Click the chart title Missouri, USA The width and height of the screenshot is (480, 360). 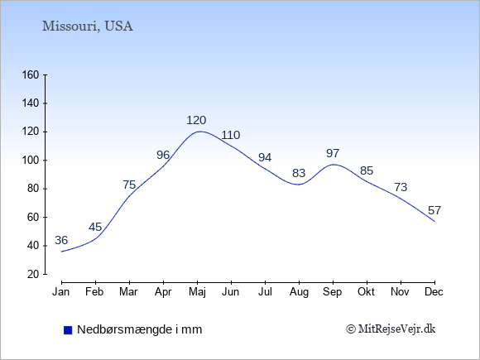tap(88, 26)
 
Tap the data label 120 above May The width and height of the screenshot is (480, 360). tap(196, 120)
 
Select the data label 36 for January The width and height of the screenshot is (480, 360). tap(61, 240)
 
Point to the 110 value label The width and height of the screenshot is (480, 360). tap(231, 135)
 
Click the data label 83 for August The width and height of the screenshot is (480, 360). tap(299, 173)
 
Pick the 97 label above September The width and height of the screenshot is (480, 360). tap(333, 153)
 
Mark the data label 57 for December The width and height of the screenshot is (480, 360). tap(434, 210)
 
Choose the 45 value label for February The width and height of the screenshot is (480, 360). tap(95, 227)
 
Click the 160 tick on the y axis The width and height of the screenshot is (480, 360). tap(31, 75)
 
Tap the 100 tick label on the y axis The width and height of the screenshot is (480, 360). tap(31, 161)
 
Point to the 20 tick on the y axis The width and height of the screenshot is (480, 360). tap(33, 274)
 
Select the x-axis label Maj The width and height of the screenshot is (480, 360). tap(198, 292)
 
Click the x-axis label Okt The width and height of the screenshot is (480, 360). tap(366, 292)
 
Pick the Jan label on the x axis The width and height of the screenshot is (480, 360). tap(61, 292)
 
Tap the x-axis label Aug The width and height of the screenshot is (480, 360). tap(299, 292)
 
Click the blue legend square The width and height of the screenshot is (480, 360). tap(68, 330)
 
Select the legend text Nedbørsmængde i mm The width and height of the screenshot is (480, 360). tap(140, 329)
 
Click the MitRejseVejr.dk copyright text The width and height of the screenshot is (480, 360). tap(391, 329)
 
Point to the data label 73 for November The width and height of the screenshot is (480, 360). tap(401, 187)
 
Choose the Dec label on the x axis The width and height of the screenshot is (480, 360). tap(434, 292)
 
